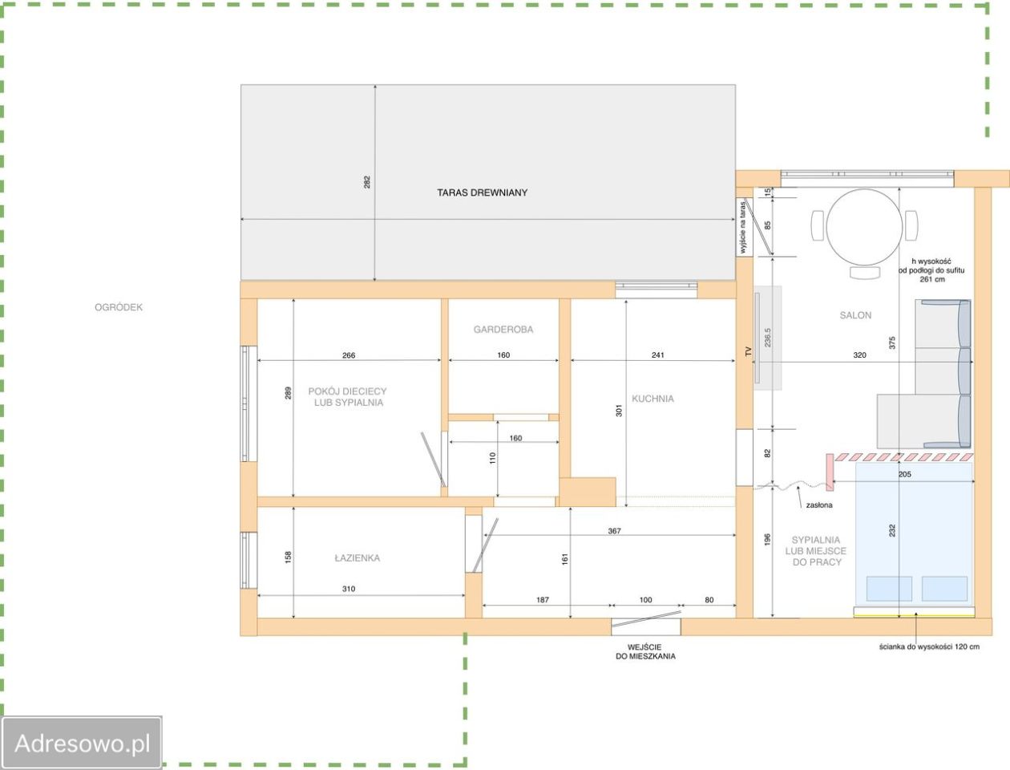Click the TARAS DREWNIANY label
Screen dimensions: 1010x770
click(483, 192)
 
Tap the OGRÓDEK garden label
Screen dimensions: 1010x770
click(119, 307)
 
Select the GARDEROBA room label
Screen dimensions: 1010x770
click(503, 329)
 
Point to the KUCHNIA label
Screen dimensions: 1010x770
click(652, 399)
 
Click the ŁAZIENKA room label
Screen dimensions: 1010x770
click(357, 557)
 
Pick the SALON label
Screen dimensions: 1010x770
click(855, 315)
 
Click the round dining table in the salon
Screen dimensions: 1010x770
click(864, 226)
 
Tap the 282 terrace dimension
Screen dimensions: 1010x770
click(367, 182)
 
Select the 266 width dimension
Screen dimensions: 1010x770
click(349, 355)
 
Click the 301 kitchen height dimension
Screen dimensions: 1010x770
click(619, 411)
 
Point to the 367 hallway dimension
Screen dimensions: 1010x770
click(614, 531)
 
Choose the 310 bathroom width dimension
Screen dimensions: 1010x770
click(349, 589)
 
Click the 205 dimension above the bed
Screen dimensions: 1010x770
click(905, 474)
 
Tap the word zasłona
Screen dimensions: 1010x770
click(819, 505)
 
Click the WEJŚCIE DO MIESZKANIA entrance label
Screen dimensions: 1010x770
click(645, 652)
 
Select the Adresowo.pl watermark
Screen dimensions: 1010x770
click(82, 743)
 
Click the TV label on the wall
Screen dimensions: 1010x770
click(748, 351)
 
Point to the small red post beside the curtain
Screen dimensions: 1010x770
click(830, 472)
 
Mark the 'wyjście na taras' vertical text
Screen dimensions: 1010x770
click(741, 227)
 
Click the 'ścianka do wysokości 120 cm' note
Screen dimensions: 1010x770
click(929, 646)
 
